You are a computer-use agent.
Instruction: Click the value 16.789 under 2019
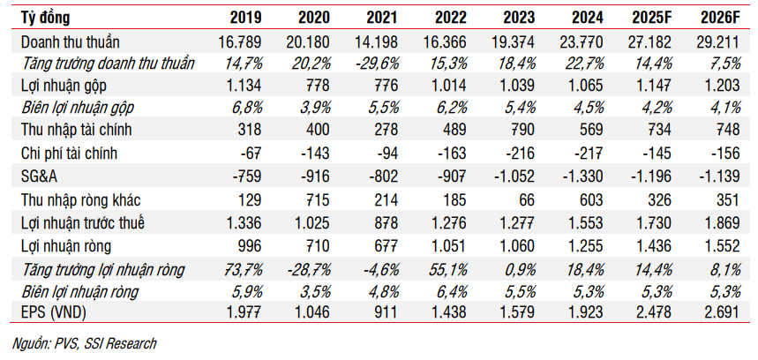click(x=239, y=41)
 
